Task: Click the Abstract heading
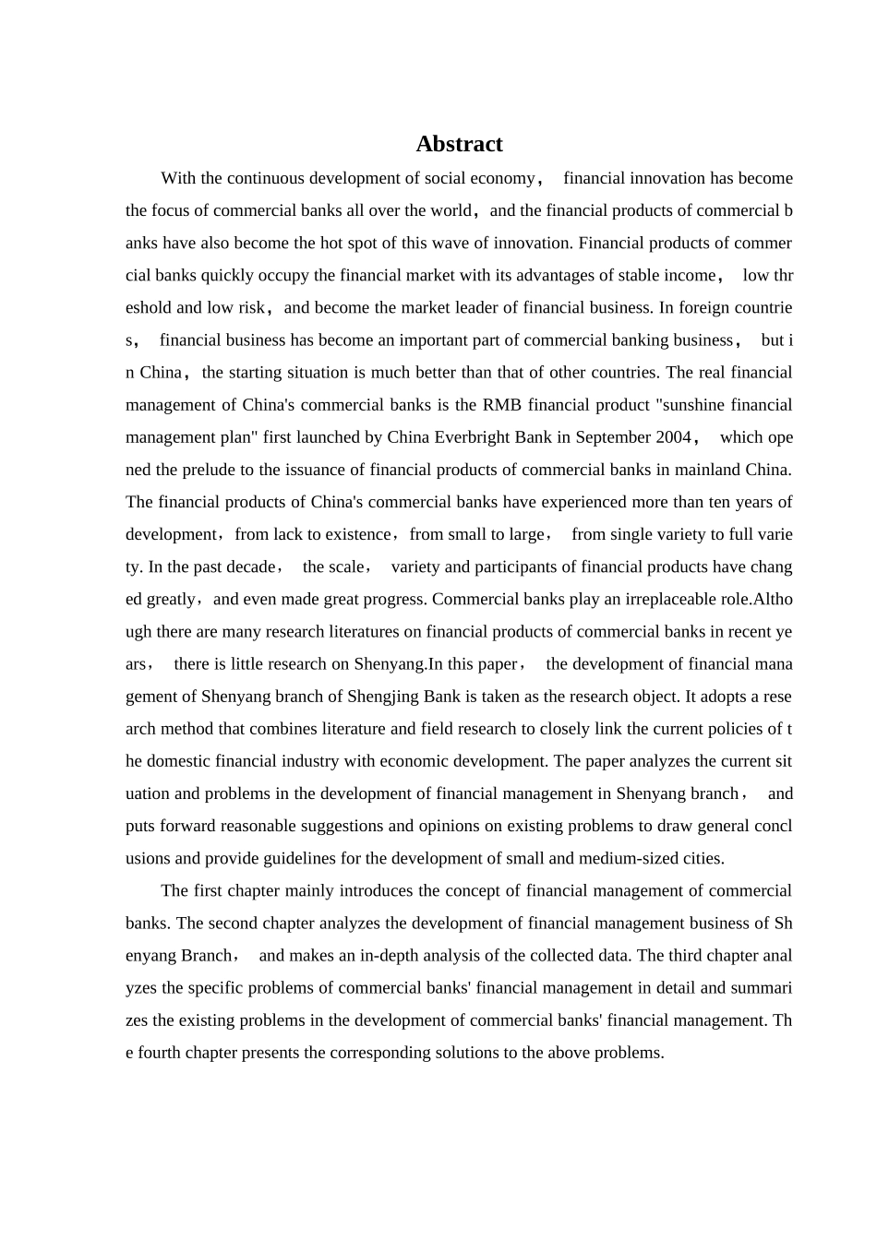(459, 144)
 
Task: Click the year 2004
(671, 437)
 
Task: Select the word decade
(250, 567)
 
